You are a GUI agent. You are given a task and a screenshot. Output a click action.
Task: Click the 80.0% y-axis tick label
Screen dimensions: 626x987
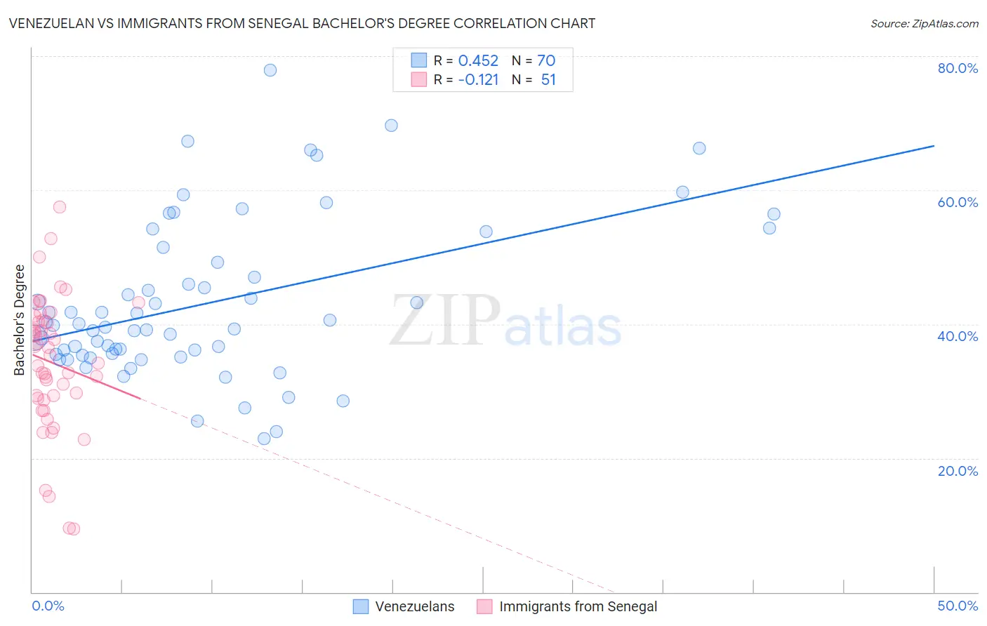click(958, 68)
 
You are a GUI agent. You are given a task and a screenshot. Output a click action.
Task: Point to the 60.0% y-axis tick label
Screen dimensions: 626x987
click(958, 202)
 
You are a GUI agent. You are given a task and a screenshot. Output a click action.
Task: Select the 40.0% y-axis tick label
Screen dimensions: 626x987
click(958, 336)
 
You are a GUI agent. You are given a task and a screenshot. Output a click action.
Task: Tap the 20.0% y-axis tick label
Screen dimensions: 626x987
click(958, 471)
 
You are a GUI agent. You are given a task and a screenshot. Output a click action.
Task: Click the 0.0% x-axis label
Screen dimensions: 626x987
click(48, 606)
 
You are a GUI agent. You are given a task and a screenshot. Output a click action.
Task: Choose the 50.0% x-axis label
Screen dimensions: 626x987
click(958, 606)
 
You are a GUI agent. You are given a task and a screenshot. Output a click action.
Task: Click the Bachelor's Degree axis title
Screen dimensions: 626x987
click(20, 320)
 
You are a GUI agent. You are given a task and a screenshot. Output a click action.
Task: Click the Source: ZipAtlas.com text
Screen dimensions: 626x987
click(924, 24)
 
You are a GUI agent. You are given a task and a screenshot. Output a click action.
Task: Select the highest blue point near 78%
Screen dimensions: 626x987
click(270, 70)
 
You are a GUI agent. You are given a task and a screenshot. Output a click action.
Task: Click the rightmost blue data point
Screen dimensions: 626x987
click(774, 214)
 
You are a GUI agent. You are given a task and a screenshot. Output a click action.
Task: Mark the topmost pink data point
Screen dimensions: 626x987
click(60, 207)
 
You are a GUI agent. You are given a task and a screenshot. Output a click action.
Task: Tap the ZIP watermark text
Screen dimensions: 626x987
click(445, 321)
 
